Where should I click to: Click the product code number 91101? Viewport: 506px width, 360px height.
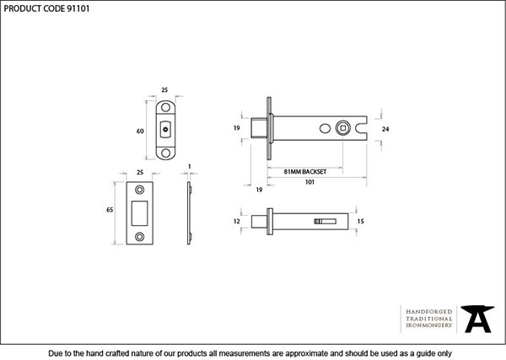coord(78,8)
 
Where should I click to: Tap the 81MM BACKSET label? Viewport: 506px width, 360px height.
coord(305,172)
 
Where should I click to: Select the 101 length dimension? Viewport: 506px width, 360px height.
coord(310,182)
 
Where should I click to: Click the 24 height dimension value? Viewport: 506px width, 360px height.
coord(385,129)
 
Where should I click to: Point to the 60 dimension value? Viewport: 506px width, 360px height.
coord(140,131)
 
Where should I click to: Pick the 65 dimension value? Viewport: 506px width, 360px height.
coord(110,210)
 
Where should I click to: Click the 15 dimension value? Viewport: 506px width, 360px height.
coord(360,221)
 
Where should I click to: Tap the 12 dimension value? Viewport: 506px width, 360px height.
coord(236,221)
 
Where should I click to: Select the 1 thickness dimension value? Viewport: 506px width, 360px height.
coord(190,166)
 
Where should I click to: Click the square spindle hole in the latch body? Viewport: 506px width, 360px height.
coord(342,128)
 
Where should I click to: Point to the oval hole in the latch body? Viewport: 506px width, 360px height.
coord(325,128)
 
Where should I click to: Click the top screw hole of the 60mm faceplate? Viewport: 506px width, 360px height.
coord(165,107)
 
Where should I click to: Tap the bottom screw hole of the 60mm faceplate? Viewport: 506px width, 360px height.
coord(165,153)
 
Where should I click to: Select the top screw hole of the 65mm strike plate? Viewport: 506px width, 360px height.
coord(140,190)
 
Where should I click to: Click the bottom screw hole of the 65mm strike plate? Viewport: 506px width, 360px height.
coord(140,237)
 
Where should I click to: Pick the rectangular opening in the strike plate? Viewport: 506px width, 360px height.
coord(139,213)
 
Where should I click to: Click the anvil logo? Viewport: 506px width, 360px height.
coord(477,319)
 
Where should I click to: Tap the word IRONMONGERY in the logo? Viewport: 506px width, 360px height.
coord(429,325)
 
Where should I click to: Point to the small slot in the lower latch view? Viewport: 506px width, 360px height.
coord(326,221)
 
